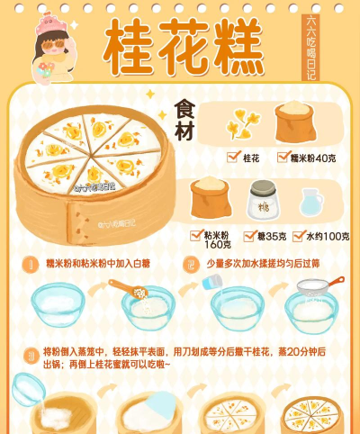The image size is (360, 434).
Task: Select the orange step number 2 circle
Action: (191, 266)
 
